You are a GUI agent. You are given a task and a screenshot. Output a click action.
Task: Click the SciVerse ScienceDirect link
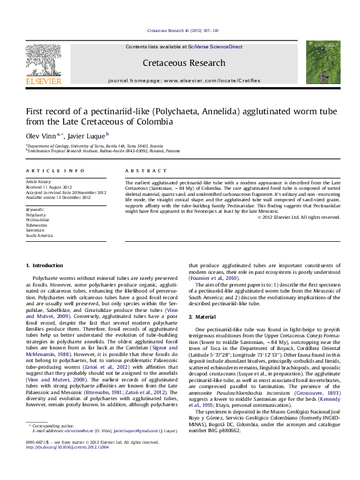pos(215,47)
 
